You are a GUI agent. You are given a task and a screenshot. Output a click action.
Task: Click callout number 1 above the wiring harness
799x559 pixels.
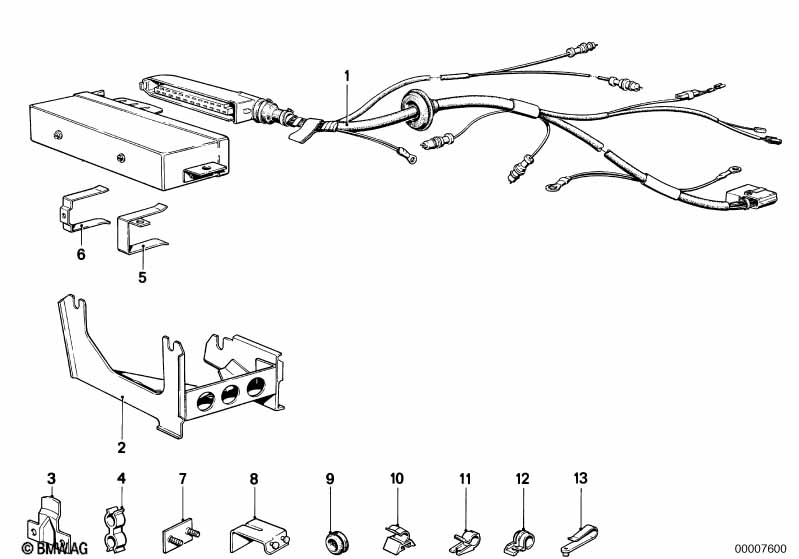click(347, 75)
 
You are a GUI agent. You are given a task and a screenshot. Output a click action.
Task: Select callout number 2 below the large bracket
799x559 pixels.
click(121, 447)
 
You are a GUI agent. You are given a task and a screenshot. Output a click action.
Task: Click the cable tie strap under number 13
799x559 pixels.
click(576, 522)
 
